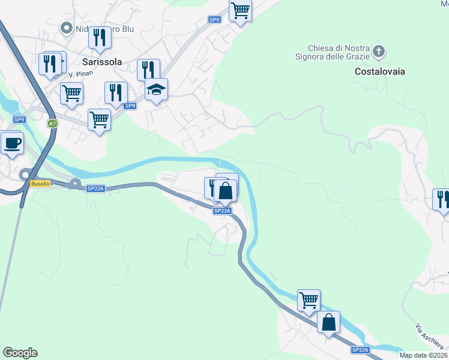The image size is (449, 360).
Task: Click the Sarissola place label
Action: pos(102,61)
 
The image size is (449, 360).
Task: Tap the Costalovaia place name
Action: pos(380,71)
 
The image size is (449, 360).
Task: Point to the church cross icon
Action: pos(378,51)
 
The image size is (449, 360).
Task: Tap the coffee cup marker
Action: pos(12,143)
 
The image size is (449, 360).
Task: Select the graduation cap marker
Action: pos(156,90)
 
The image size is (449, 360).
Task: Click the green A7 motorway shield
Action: pos(53,123)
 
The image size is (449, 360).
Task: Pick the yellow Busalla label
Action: pos(40,184)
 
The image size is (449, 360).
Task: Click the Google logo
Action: pos(20,353)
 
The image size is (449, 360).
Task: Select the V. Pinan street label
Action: pos(79,74)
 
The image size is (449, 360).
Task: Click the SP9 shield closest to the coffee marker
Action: pos(19,119)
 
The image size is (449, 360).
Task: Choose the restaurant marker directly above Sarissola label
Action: pos(100,38)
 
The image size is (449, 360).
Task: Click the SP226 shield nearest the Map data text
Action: pos(360,350)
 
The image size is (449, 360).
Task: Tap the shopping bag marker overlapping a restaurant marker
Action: pos(226,191)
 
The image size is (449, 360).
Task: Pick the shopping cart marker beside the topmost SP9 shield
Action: pos(240,10)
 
